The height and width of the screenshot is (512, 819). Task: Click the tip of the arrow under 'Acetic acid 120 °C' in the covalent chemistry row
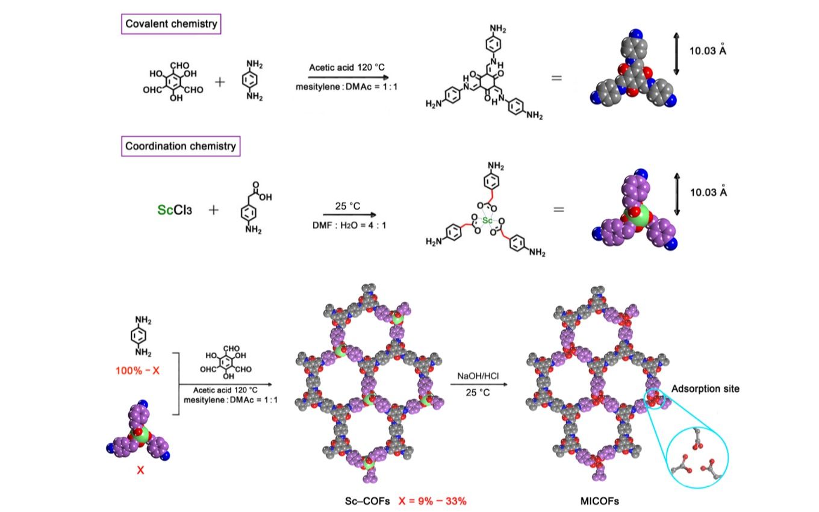click(388, 78)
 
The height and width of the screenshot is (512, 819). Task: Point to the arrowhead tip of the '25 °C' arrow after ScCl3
click(376, 214)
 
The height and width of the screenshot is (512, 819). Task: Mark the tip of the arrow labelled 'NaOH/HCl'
click(508, 384)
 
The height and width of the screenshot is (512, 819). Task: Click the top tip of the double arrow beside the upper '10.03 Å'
click(676, 33)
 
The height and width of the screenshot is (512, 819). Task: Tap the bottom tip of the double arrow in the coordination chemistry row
click(677, 216)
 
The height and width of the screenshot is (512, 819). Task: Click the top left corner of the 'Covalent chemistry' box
click(122, 14)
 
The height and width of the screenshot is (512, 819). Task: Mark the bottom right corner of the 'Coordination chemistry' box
click(240, 156)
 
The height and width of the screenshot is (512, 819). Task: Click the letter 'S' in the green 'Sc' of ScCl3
click(161, 210)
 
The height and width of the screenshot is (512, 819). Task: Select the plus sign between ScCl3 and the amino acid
click(214, 210)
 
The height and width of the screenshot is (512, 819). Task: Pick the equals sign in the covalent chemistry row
click(556, 78)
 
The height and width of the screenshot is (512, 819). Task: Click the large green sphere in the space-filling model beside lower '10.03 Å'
click(637, 216)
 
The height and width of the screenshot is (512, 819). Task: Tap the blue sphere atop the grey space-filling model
click(636, 34)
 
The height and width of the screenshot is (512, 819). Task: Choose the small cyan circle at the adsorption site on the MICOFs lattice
click(655, 399)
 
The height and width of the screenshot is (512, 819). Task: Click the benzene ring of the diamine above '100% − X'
click(139, 336)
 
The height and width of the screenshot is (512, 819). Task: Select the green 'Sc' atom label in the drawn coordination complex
click(487, 220)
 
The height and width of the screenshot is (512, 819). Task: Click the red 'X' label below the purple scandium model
click(140, 470)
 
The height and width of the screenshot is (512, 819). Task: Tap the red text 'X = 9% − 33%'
click(432, 501)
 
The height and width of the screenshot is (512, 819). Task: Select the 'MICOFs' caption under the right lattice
click(600, 501)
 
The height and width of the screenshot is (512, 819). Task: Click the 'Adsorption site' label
click(705, 389)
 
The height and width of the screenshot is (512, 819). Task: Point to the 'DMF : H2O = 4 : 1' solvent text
click(349, 225)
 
